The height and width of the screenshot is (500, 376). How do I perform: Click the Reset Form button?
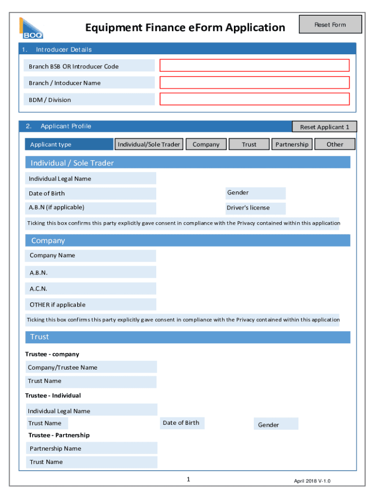330,24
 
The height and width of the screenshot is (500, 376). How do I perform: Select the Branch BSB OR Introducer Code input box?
254,66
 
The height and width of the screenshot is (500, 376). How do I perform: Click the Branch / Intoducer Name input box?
254,83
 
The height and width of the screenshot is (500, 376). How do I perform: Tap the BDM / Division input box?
254,99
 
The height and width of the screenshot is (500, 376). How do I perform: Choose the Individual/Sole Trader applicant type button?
149,144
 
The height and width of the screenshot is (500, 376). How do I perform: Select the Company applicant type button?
206,144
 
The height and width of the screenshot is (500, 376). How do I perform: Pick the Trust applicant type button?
249,144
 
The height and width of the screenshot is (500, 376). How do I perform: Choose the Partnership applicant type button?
292,144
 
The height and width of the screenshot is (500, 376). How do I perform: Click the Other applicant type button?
334,144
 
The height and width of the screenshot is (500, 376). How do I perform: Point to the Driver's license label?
248,208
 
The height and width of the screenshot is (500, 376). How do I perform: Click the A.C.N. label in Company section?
39,289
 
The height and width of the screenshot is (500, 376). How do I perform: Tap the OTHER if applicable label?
57,305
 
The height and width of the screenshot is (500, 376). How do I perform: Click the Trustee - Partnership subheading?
59,435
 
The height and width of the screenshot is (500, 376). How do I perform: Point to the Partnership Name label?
55,448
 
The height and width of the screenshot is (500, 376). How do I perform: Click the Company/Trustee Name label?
63,367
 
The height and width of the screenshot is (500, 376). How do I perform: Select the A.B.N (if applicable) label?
56,208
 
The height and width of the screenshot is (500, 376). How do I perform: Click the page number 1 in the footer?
188,479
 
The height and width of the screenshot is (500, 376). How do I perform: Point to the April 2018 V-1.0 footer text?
312,481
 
